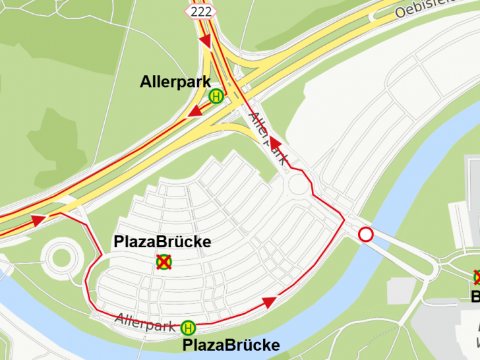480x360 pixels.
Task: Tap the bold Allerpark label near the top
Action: click(x=175, y=82)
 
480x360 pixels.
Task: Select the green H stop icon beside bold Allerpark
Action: click(x=216, y=97)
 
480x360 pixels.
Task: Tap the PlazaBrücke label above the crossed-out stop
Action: click(x=162, y=242)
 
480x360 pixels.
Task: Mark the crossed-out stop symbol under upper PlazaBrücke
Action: click(x=164, y=262)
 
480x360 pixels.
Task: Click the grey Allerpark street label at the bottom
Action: click(x=146, y=322)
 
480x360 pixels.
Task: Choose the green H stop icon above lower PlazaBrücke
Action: click(x=189, y=327)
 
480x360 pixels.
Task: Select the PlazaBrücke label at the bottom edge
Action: click(x=231, y=345)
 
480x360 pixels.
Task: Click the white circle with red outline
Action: click(x=365, y=234)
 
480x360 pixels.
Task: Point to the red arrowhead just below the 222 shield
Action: click(x=205, y=41)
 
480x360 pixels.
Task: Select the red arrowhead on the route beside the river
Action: click(x=268, y=302)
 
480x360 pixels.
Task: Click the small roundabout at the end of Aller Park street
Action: click(x=298, y=185)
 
